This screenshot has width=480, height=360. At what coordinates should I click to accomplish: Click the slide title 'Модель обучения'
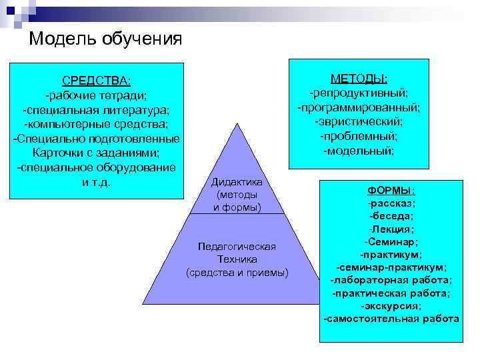click(x=105, y=39)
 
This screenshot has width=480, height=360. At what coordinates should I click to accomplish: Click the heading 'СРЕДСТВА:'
click(x=96, y=81)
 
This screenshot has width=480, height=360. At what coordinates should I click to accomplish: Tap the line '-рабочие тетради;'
click(x=96, y=95)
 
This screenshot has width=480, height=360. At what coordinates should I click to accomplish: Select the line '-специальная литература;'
click(x=96, y=109)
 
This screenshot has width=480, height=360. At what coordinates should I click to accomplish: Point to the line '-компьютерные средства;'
click(x=96, y=124)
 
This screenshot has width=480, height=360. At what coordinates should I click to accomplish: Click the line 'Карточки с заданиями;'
click(x=96, y=153)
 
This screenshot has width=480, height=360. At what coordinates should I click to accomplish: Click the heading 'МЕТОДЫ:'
click(x=359, y=79)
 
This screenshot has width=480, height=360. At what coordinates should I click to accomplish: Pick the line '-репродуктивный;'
click(x=359, y=93)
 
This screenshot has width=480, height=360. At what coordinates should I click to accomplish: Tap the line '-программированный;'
click(x=359, y=107)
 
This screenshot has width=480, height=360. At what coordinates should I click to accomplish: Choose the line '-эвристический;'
click(x=359, y=122)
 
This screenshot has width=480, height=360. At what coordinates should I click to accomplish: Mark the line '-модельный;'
click(x=359, y=151)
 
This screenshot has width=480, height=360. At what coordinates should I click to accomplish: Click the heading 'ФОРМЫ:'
click(x=391, y=190)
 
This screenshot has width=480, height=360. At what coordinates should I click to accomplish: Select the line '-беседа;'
click(x=391, y=216)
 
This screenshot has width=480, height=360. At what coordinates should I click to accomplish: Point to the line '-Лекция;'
click(x=391, y=229)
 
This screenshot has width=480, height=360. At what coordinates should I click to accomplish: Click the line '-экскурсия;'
click(x=391, y=305)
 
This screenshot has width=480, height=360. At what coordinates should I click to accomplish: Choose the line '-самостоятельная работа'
click(x=391, y=319)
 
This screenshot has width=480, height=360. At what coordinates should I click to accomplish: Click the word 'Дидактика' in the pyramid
click(x=237, y=182)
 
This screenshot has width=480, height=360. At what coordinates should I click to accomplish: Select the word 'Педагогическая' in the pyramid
click(x=237, y=247)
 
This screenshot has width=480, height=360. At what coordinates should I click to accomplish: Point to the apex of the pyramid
click(x=237, y=125)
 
